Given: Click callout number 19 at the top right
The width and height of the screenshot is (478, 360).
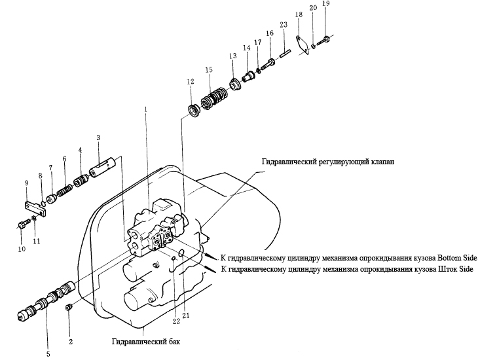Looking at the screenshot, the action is (x=325, y=4).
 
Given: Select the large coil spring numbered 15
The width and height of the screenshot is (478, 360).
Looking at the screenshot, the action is (x=213, y=98).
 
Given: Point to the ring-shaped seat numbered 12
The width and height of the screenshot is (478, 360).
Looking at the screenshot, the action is (x=193, y=110).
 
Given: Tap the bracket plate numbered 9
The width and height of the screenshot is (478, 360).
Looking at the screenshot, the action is (x=35, y=208).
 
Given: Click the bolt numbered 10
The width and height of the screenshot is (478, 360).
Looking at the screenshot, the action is (x=23, y=225).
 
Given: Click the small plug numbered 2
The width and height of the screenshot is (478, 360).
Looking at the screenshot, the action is (x=68, y=307).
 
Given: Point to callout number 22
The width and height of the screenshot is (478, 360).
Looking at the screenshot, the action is (x=177, y=321).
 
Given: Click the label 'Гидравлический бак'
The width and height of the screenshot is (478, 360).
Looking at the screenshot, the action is (x=146, y=342).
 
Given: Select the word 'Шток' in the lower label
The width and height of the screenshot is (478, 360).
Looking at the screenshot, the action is (x=447, y=269).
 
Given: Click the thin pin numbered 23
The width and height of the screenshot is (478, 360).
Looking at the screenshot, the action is (x=285, y=53).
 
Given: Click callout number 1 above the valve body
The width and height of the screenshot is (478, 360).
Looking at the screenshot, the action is (x=146, y=109).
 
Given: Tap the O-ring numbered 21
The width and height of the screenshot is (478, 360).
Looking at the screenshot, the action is (x=181, y=252).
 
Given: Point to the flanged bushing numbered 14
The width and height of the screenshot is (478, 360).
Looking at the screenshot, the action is (x=248, y=76).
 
